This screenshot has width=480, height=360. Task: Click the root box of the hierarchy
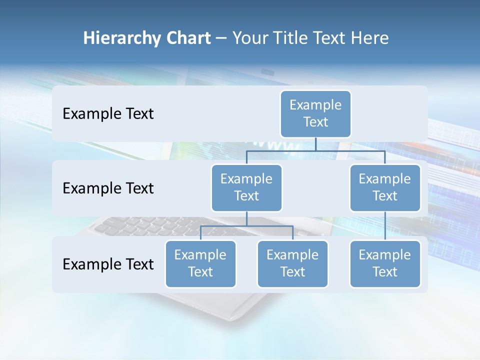[315, 113]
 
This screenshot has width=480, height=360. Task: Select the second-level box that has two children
[246, 187]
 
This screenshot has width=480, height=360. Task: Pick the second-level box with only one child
[385, 187]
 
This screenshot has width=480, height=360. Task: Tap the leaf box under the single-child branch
[385, 263]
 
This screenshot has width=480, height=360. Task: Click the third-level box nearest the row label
[200, 263]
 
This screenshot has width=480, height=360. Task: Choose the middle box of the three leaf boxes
[292, 263]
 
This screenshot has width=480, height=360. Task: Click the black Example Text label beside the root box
[108, 113]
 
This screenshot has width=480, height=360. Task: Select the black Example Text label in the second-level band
[108, 188]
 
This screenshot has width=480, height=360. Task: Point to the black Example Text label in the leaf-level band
[108, 264]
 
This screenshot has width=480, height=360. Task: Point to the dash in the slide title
[221, 39]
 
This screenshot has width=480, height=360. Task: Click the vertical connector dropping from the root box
[315, 144]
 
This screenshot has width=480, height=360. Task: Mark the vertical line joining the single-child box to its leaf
[385, 226]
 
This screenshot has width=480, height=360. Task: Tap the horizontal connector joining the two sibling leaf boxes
[246, 226]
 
